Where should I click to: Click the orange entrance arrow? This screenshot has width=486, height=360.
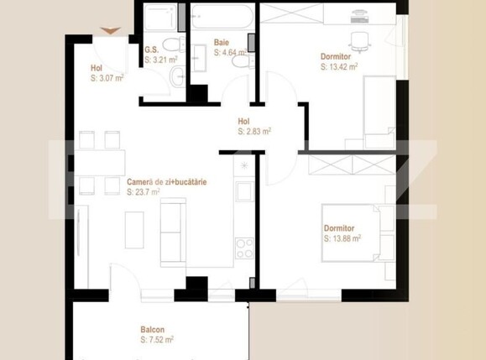110,31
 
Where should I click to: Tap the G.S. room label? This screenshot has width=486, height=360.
152,50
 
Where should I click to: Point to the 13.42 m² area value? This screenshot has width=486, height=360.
341,66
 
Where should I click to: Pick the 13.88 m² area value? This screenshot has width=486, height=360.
343,238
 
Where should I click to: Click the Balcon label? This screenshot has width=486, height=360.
152,330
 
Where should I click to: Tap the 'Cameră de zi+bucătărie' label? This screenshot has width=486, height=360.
167,181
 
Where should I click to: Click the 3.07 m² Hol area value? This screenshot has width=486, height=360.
107,78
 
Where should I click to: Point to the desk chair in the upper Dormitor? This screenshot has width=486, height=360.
359,39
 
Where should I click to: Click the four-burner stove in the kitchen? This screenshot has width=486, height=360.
244,248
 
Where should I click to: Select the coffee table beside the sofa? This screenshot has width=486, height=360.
134,229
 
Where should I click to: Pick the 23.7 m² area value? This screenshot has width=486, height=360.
144,192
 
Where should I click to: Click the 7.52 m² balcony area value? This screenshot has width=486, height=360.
157,340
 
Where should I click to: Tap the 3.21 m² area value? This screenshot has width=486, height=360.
159,60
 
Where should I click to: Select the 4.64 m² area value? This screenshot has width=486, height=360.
230,52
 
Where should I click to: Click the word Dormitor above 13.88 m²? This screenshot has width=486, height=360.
340,228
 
